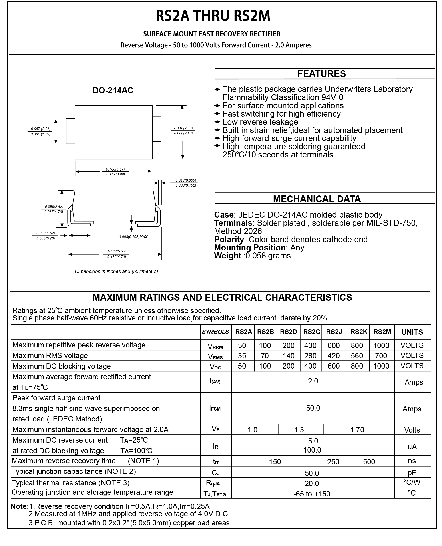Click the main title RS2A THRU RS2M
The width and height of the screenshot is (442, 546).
pos(213,16)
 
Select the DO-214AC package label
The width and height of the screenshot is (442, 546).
pos(113,91)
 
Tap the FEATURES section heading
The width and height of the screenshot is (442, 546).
pos(321,74)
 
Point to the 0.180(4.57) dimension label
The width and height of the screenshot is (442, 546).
pos(115,169)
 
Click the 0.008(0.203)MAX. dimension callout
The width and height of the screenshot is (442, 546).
pos(133,237)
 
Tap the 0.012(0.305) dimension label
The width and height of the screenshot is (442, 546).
pos(186,180)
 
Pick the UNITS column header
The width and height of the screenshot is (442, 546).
pos(412,332)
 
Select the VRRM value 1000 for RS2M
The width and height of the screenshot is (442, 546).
pos(381,345)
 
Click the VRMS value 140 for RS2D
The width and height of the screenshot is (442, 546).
pos(288,356)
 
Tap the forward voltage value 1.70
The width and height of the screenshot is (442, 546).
pos(357,430)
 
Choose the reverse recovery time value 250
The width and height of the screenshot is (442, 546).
pos(333,462)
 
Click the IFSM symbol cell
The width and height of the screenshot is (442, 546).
pos(215,408)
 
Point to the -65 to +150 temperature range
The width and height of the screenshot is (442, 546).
pos(312,494)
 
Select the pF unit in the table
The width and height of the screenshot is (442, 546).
pos(412,473)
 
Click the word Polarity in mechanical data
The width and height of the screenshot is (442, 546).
pos(229,240)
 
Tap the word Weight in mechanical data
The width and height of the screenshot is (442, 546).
pos(227,256)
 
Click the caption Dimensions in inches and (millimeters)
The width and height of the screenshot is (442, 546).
pos(116,272)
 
